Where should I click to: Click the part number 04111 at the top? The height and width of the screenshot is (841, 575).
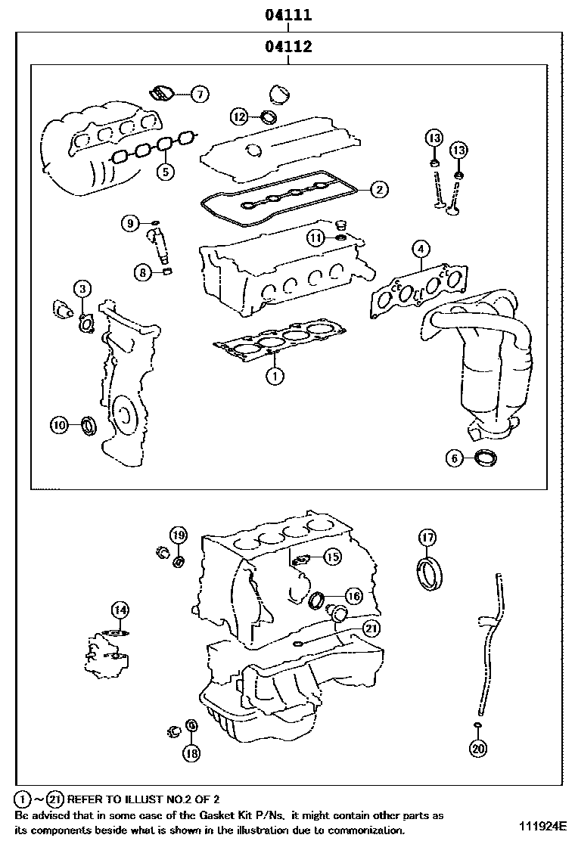click(x=288, y=14)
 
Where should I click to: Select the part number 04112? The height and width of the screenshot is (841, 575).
click(x=288, y=47)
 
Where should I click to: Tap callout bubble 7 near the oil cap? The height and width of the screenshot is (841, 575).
click(x=198, y=95)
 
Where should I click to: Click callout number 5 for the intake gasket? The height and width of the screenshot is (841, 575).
click(x=164, y=171)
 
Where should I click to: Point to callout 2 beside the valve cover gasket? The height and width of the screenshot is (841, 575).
click(x=379, y=189)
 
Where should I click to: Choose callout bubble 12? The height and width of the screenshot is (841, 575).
click(x=239, y=116)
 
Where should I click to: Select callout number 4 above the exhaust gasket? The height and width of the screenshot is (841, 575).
click(x=421, y=249)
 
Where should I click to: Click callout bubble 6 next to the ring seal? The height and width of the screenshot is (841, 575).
click(x=455, y=458)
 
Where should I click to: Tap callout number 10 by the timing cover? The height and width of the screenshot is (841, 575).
click(x=60, y=425)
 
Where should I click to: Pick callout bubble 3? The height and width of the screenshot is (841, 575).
click(x=82, y=288)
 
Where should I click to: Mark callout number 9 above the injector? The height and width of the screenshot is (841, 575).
click(x=131, y=223)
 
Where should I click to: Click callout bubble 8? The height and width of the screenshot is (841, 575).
click(x=142, y=273)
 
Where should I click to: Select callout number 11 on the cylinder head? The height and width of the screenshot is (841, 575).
click(x=316, y=238)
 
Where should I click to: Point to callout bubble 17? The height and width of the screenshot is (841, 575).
click(x=427, y=538)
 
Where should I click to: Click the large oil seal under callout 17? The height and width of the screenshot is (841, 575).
click(x=429, y=573)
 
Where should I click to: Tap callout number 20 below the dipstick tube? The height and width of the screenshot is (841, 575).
click(x=477, y=749)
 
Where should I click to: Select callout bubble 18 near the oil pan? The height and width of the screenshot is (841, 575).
click(x=191, y=753)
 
